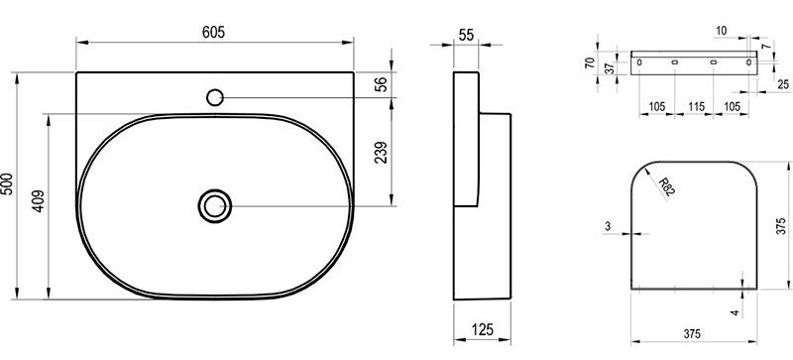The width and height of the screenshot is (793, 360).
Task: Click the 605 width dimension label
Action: point(213,32)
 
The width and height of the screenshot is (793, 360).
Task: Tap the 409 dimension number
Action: point(39,201)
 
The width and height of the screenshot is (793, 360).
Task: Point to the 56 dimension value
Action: point(383,83)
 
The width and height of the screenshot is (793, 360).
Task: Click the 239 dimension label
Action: point(382,152)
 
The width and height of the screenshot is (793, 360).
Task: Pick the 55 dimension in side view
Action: point(466,35)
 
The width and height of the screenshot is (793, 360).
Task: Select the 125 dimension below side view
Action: point(483,329)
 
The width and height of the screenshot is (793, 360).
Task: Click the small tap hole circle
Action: point(215,97)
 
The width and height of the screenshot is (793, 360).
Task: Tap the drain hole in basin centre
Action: point(215,206)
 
